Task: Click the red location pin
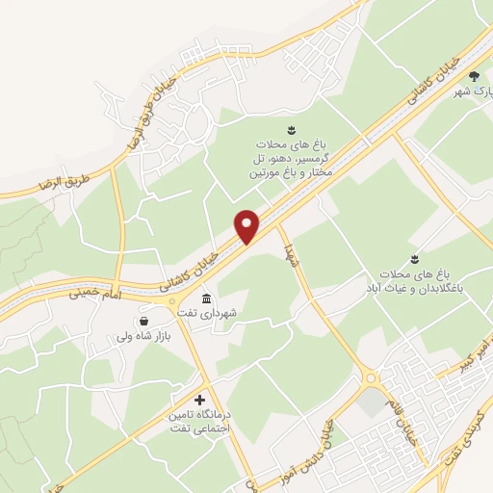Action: pyautogui.click(x=247, y=226)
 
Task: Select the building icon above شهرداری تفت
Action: pyautogui.click(x=207, y=298)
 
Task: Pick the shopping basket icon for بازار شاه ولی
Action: pyautogui.click(x=143, y=322)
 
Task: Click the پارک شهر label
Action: pyautogui.click(x=473, y=91)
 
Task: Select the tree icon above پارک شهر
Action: pyautogui.click(x=473, y=76)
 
